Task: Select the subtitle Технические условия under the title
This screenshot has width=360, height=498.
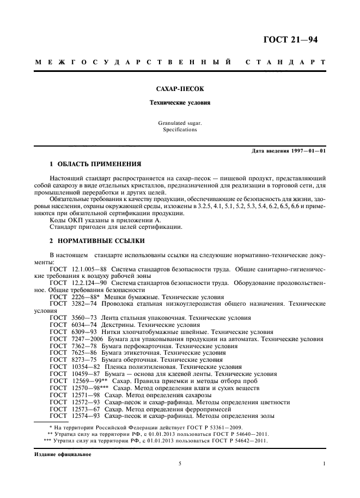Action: [180, 102]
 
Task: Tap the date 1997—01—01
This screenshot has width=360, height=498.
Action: [308, 151]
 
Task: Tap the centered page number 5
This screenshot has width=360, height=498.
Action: [180, 464]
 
